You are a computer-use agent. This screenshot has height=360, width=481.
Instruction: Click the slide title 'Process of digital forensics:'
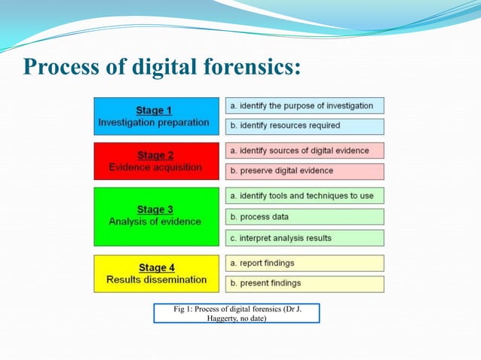click(162, 67)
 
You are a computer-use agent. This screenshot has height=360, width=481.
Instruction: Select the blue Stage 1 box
click(156, 116)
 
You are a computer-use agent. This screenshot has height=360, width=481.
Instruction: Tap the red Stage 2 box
click(156, 161)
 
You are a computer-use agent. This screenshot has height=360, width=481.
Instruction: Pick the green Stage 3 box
click(156, 216)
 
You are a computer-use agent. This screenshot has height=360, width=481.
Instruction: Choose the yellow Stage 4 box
click(156, 273)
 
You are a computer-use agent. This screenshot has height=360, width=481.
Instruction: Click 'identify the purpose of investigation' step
click(305, 105)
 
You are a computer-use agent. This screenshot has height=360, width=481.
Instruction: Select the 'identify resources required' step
click(305, 126)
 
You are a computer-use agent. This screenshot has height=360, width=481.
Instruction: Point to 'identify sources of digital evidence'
click(305, 151)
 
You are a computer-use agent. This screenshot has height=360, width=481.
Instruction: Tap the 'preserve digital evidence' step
click(305, 171)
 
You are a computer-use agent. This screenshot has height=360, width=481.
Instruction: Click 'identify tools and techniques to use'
click(305, 196)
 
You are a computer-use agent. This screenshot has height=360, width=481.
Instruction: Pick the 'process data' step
click(305, 217)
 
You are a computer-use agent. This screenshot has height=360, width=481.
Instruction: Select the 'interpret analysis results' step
click(305, 238)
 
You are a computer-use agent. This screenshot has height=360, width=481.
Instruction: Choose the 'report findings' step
click(305, 263)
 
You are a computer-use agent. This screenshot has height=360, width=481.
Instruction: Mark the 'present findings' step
click(305, 283)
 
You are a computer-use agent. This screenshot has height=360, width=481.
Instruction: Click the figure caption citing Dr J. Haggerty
click(236, 313)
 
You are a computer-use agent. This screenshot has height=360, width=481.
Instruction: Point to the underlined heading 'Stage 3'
click(155, 209)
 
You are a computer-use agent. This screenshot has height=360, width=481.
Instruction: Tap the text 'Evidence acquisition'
click(155, 167)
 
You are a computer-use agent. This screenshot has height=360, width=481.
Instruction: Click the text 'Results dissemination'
click(156, 279)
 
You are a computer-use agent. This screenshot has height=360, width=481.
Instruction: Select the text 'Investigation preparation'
click(154, 122)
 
